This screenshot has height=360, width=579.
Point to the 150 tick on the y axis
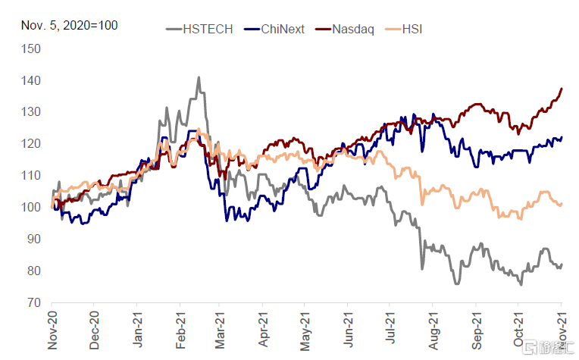(x=31, y=49)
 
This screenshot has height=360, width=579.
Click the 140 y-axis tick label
(x=31, y=81)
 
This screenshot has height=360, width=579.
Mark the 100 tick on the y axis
(x=31, y=207)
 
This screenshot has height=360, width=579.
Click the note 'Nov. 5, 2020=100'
(x=69, y=26)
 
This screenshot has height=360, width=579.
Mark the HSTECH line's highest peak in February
(x=199, y=77)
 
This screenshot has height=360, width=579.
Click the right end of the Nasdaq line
(x=562, y=89)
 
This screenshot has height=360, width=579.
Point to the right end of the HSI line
(x=562, y=203)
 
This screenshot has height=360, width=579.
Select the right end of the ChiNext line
(x=562, y=137)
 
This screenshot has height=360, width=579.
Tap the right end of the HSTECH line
(x=562, y=264)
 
